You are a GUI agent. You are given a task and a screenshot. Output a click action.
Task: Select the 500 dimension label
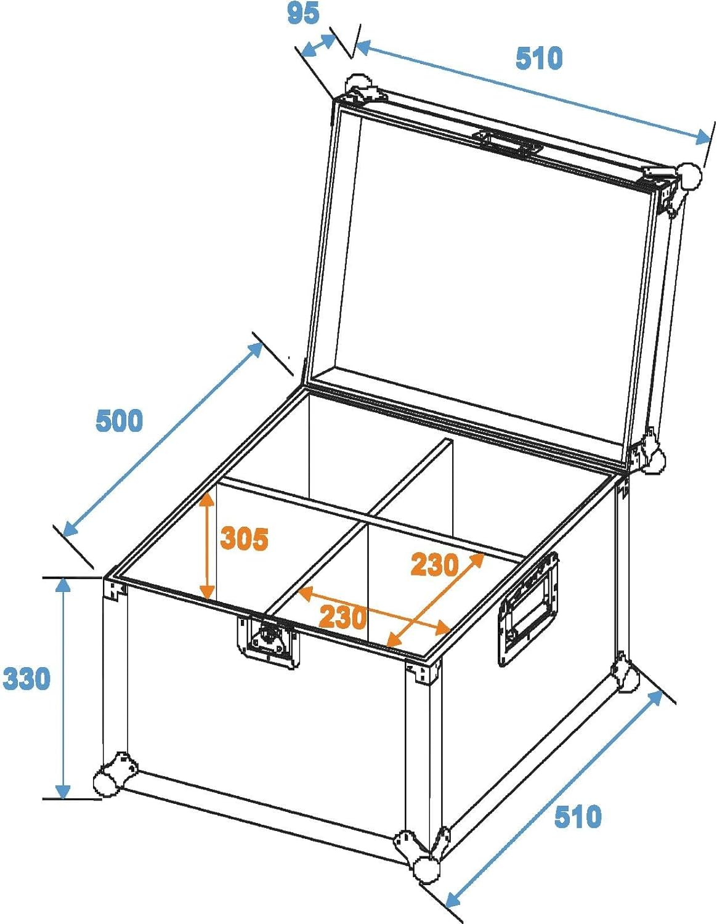point(119,420)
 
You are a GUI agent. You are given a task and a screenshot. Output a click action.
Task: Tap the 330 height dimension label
point(26,678)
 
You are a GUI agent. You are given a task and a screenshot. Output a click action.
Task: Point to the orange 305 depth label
point(245,539)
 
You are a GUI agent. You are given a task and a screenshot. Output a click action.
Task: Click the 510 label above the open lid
point(539,58)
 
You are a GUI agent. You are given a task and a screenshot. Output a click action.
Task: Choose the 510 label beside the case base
point(578,816)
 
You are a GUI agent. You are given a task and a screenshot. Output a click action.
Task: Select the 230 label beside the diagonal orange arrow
point(435,565)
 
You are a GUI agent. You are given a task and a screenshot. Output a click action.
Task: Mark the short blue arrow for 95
point(318,45)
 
